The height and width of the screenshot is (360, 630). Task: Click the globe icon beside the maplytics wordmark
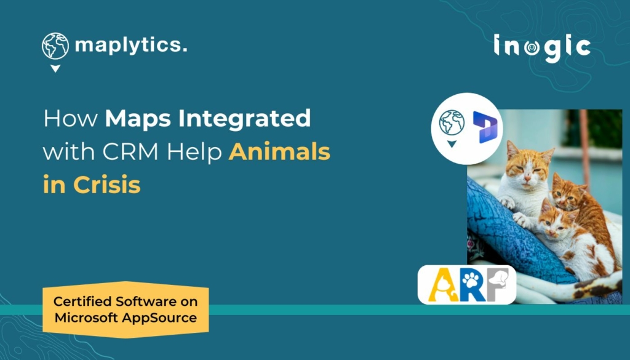55,46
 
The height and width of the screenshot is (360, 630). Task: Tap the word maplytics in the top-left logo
130,46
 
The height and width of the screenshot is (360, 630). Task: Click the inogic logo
542,47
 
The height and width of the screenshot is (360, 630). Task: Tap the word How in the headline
70,119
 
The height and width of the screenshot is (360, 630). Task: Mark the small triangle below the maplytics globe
55,68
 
